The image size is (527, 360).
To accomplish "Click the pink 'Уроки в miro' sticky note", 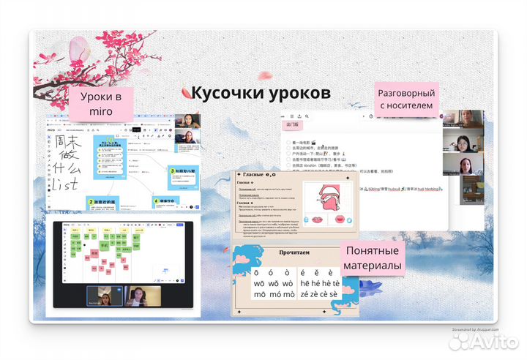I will (100, 103).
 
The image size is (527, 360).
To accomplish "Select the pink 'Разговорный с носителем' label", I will (405, 100).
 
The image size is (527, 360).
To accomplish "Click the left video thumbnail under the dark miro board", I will (104, 296).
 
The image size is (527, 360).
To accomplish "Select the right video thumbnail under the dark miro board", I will (143, 296).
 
